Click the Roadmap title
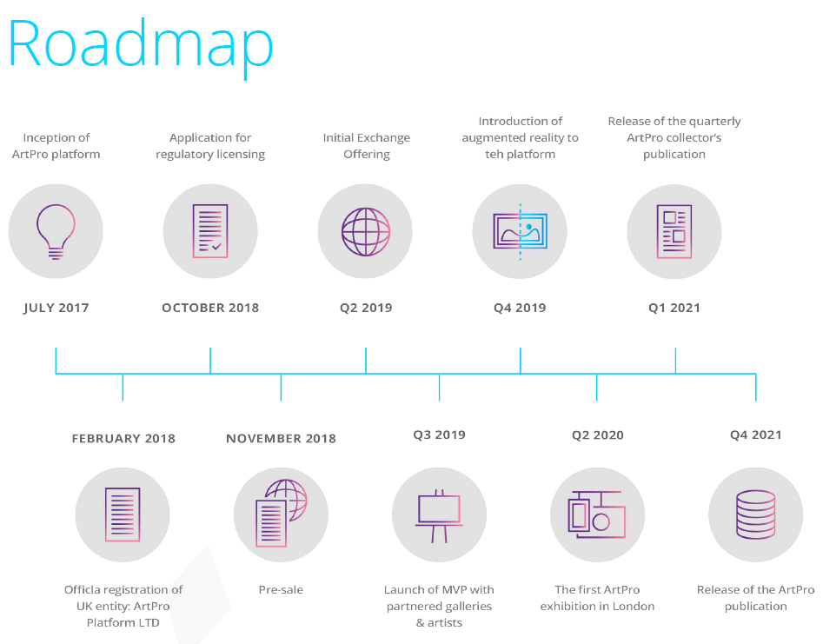141,46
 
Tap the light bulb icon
56,231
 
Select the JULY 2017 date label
56,308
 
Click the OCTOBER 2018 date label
210,308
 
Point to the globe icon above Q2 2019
366,231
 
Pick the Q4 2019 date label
520,308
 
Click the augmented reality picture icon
521,231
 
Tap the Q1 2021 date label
674,308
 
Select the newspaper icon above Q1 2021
674,231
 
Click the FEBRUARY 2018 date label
123,438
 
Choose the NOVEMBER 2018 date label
281,438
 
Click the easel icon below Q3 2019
440,516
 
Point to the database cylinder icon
756,515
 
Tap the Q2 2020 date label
598,435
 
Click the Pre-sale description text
281,589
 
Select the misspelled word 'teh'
494,154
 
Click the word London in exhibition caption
633,607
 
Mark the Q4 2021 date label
756,435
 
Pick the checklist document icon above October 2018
210,231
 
